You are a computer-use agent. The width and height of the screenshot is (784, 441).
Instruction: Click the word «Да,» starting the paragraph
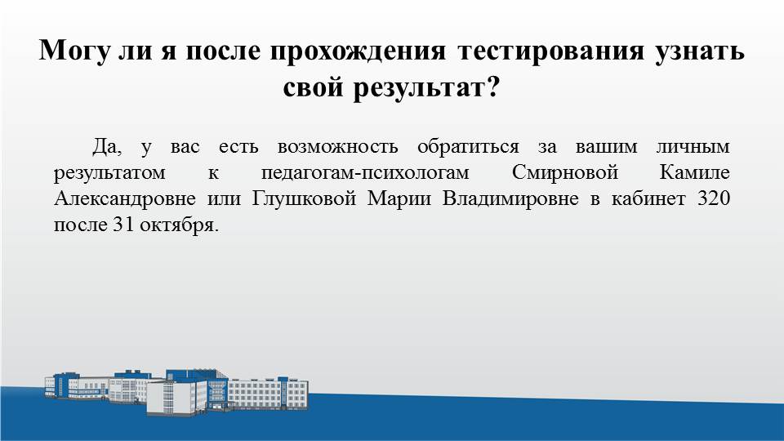click(x=106, y=147)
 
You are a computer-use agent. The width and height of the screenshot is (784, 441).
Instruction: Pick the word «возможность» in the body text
click(x=337, y=147)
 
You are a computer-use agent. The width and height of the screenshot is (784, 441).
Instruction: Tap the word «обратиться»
click(x=468, y=147)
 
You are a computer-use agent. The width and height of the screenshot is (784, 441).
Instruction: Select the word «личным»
click(x=693, y=147)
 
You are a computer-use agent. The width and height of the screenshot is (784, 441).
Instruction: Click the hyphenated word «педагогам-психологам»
click(x=365, y=173)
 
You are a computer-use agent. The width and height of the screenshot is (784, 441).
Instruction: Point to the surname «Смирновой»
click(x=565, y=172)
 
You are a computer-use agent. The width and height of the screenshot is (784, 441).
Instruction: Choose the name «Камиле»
click(x=695, y=172)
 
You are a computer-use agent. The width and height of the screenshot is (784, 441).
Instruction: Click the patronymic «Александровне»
click(x=124, y=199)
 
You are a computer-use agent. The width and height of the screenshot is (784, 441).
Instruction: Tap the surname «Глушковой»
click(x=304, y=199)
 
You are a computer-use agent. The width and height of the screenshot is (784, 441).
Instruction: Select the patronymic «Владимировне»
click(x=510, y=199)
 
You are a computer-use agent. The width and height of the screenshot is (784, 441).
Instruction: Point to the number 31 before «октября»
click(x=123, y=225)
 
